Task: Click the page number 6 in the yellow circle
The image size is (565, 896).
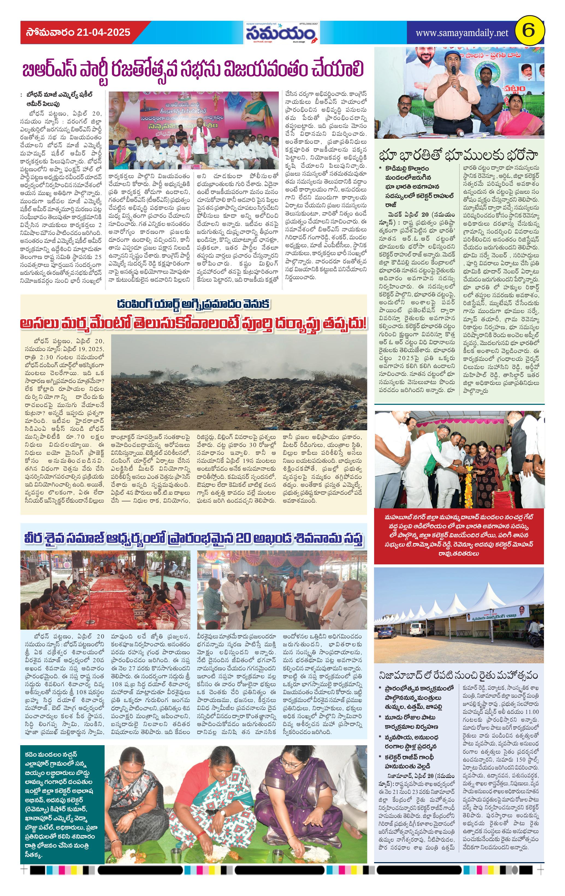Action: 528,32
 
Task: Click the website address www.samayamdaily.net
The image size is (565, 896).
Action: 462,33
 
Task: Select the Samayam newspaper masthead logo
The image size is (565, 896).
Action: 282,34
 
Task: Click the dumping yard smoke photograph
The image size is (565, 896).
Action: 238,382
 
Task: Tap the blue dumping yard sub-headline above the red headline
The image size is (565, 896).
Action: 193,304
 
